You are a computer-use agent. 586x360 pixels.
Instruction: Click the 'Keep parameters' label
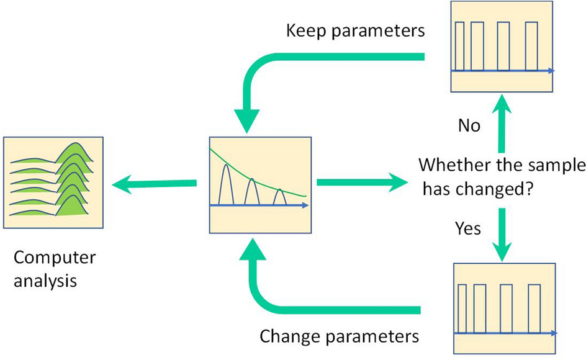(355, 32)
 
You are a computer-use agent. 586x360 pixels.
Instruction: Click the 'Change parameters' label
(339, 337)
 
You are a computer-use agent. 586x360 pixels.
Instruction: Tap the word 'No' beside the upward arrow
(469, 125)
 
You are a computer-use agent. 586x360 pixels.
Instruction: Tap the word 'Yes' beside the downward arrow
(467, 229)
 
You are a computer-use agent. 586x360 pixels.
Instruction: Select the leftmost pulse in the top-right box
(459, 47)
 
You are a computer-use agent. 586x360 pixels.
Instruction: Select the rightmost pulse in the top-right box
(531, 47)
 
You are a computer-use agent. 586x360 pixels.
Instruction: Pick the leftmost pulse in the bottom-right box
(462, 308)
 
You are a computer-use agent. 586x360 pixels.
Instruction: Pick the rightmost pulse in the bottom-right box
(534, 308)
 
